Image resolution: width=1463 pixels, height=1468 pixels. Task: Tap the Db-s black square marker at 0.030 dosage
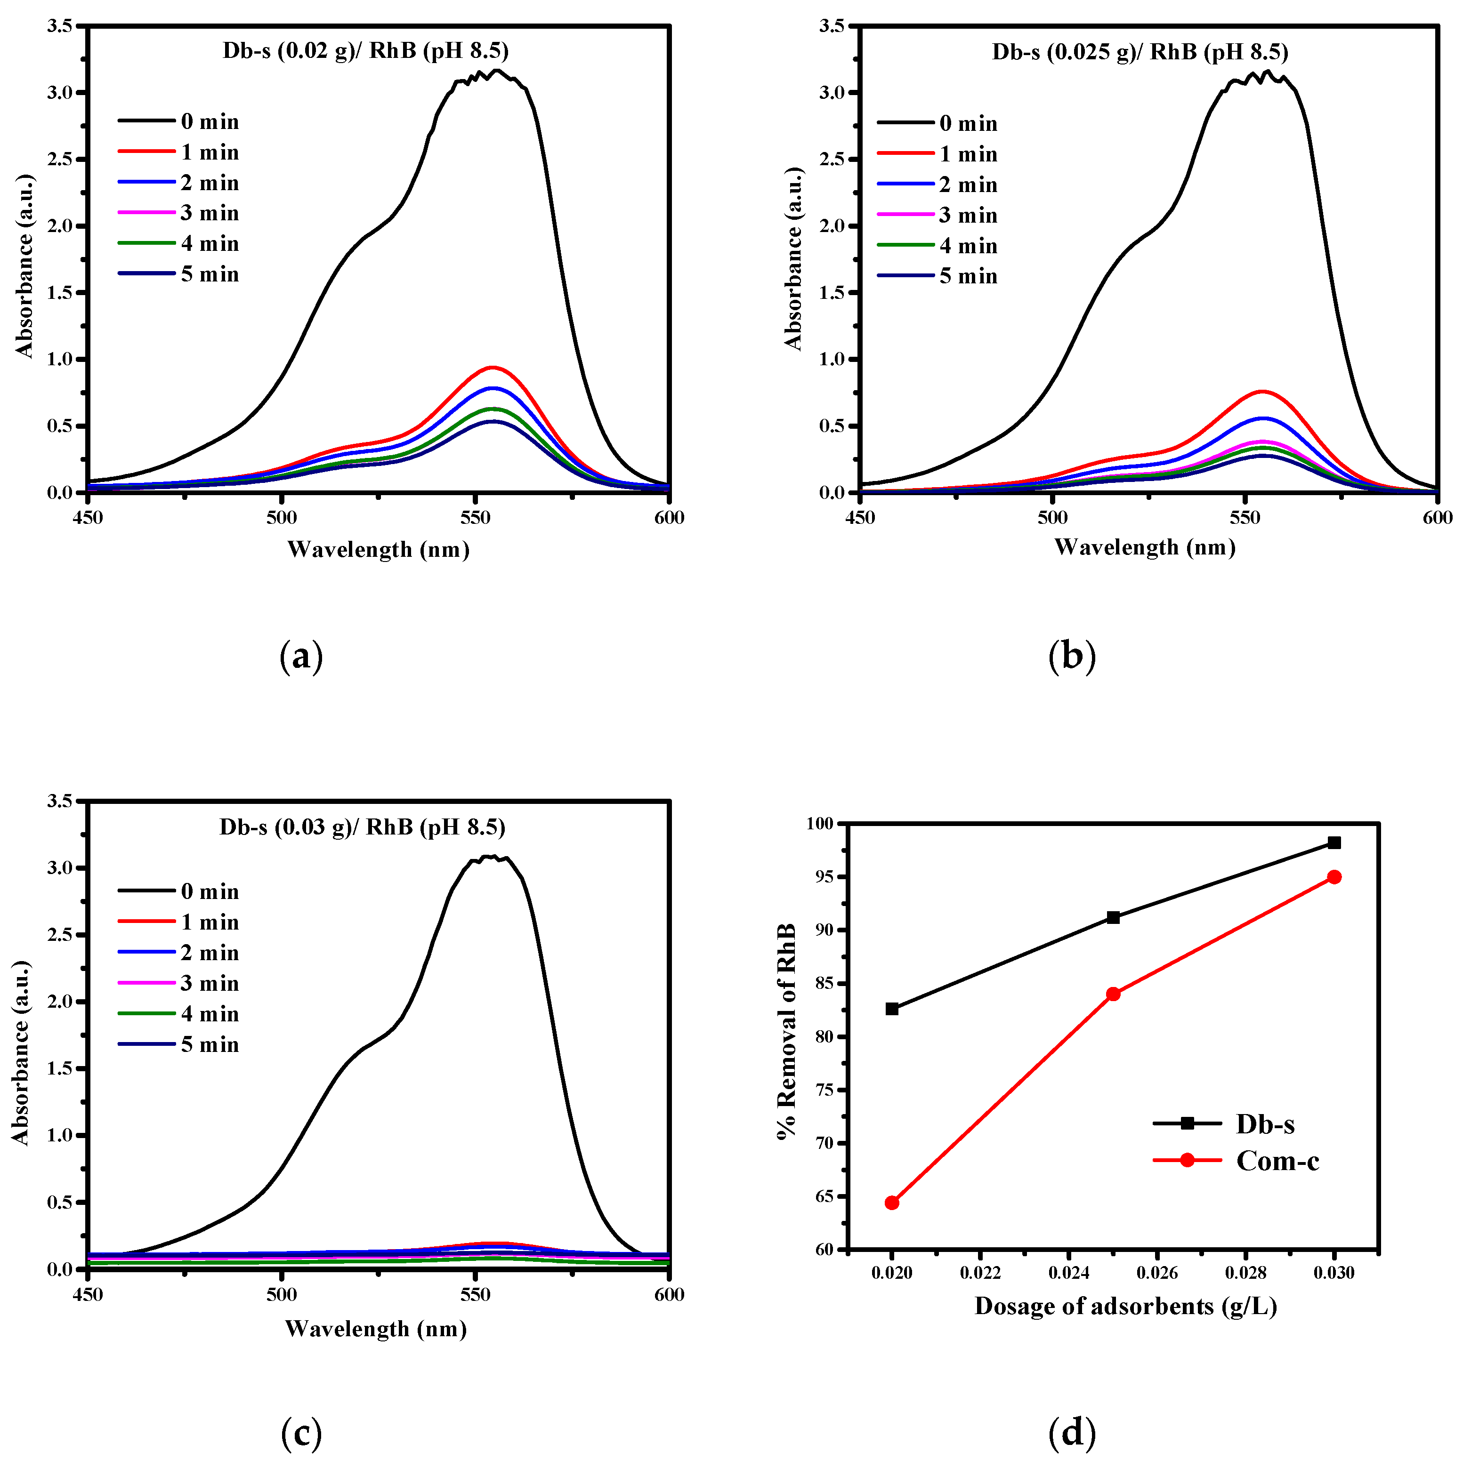click(x=1334, y=842)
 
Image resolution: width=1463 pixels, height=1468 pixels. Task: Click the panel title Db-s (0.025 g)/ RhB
click(x=1140, y=52)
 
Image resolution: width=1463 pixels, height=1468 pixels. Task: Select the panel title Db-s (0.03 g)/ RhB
click(x=363, y=826)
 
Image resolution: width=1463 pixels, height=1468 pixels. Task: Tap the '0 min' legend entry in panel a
click(x=210, y=121)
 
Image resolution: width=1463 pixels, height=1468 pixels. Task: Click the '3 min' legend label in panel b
click(x=968, y=215)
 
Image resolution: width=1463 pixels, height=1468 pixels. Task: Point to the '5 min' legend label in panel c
click(x=210, y=1045)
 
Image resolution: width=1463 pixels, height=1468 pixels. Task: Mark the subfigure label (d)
click(x=1072, y=1433)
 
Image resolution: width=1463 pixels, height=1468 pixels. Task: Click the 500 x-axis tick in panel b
click(x=1052, y=518)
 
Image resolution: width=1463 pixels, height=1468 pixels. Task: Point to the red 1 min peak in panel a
click(x=493, y=367)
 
